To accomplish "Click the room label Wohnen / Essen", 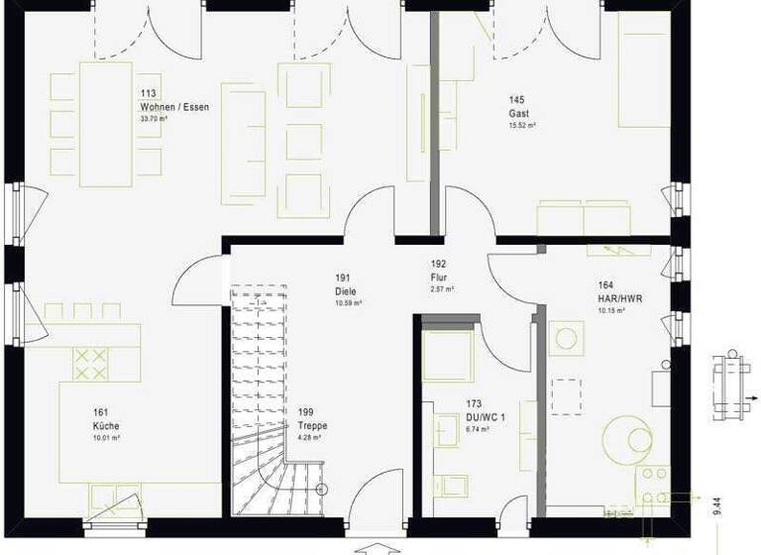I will click(174, 106).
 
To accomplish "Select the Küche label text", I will click(107, 425).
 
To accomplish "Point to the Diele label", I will click(345, 291).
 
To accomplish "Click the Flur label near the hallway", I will click(440, 278).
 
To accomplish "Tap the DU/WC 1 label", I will click(486, 418).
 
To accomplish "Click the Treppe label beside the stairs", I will click(311, 425).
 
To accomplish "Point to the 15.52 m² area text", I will click(522, 126).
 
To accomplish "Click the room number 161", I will click(100, 412).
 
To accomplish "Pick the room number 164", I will click(605, 284).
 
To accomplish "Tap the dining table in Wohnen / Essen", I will click(105, 124).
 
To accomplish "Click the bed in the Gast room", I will click(644, 74).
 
